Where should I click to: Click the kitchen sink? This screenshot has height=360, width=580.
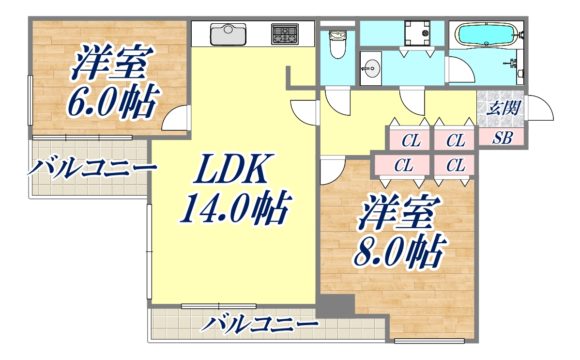228,34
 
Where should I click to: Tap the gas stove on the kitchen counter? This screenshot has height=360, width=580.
285,34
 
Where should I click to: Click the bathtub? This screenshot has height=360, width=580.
486,34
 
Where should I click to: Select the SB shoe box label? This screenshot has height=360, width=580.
502,138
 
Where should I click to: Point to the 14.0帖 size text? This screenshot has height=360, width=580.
234,207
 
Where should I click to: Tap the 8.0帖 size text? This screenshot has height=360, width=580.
399,252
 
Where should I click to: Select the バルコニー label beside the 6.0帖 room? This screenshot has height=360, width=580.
92,169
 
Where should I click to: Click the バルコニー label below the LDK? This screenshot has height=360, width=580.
259,324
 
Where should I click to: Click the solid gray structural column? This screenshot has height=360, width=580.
336,306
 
